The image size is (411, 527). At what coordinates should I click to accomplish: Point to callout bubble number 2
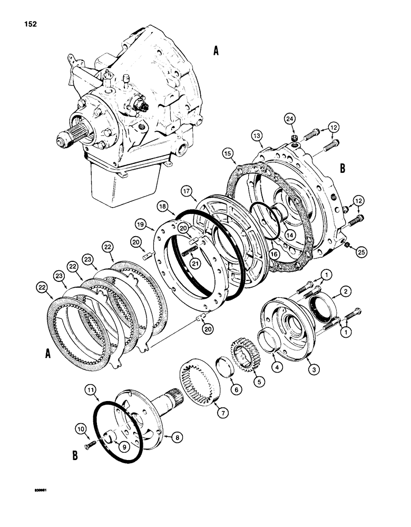pos(346,291)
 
